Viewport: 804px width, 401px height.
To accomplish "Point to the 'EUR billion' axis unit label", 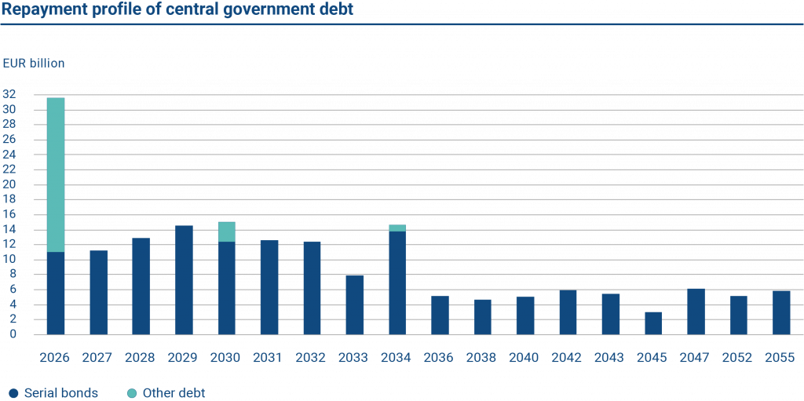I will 34,63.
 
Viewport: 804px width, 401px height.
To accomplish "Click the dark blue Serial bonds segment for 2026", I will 56,293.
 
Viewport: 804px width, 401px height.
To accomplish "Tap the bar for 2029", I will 184,279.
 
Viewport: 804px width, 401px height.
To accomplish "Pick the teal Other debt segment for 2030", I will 226,231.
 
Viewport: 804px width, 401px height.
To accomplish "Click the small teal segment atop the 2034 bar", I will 397,228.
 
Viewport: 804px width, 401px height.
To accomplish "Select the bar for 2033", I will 354,304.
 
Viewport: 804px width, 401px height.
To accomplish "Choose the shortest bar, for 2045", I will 653,323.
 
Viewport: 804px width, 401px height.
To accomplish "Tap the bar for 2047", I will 696,311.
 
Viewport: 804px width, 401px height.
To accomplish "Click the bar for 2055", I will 781,312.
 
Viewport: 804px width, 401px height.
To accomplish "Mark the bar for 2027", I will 99,292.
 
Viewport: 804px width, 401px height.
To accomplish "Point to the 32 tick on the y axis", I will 9,94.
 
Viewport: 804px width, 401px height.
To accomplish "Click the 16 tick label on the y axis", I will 9,214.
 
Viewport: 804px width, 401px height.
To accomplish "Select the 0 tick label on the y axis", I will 13,334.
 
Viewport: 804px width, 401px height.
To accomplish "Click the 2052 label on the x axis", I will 738,358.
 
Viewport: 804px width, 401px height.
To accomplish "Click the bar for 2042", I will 568,312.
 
